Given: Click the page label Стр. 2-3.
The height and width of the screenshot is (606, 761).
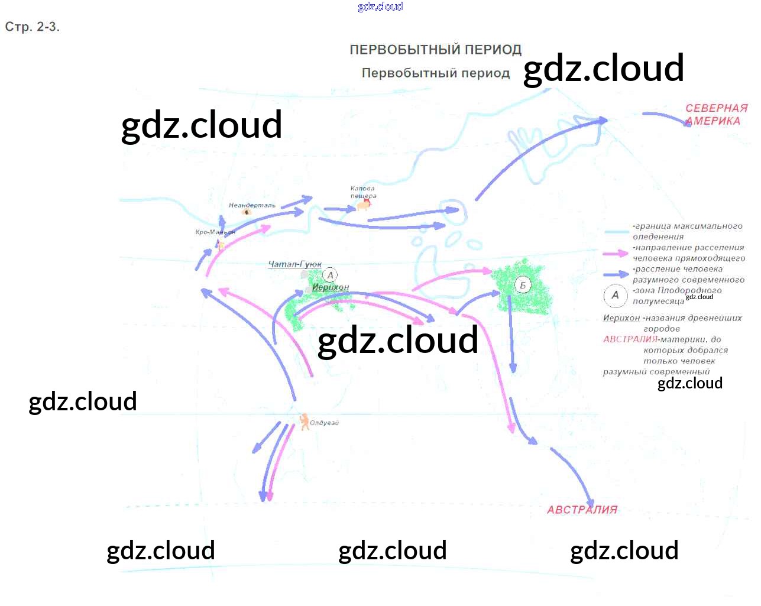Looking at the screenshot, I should (x=33, y=27).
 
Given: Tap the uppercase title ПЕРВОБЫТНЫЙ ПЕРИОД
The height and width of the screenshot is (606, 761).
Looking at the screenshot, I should (x=435, y=50).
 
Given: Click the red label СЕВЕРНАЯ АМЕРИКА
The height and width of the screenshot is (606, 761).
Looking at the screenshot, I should (x=716, y=115).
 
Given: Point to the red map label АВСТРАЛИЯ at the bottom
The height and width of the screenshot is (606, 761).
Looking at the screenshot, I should (x=582, y=510).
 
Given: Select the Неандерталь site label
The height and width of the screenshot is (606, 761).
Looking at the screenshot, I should (x=252, y=205).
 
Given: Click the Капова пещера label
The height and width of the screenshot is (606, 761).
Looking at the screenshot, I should (x=362, y=192).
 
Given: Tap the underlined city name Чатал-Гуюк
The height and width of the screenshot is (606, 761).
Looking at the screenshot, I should (x=294, y=264).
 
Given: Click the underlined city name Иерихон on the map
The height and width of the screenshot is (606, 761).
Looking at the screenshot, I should (x=331, y=287).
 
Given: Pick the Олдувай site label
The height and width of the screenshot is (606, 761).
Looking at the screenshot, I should (x=324, y=423).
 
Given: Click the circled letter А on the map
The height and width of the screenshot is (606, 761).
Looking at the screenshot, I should (x=331, y=275).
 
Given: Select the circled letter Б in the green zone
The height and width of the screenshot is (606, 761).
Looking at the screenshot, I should (x=523, y=285).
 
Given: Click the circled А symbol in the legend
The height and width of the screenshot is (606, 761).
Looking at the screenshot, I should (x=615, y=295).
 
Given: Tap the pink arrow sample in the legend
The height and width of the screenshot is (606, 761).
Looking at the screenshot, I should (x=616, y=253).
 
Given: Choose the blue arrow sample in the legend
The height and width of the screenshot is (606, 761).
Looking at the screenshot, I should (x=616, y=274).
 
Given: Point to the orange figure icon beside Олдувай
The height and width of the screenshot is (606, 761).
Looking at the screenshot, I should (x=304, y=422).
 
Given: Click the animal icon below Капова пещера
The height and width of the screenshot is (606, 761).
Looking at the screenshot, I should (x=363, y=205).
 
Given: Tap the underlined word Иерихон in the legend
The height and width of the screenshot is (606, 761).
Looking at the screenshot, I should (x=621, y=318).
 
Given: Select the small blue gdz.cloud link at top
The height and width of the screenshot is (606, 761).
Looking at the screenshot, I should (x=380, y=7).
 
